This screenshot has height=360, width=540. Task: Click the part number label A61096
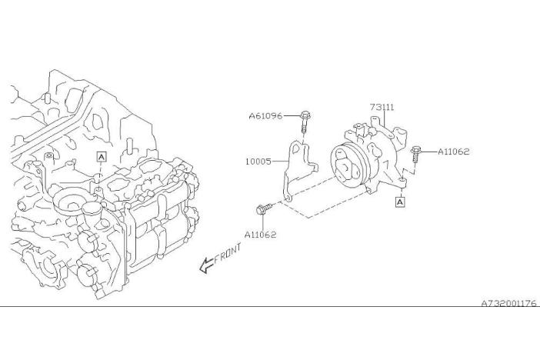[x=265, y=115]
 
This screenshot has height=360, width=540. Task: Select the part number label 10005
[x=258, y=162]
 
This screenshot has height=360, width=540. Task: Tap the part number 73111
[x=382, y=107]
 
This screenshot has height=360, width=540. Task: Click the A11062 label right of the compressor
[x=454, y=152]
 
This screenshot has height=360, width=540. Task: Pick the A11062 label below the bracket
[x=260, y=235]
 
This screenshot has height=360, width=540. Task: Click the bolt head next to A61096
[x=305, y=115]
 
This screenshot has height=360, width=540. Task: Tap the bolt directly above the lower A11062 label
[x=265, y=209]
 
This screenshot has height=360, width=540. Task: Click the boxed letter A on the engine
[x=102, y=157]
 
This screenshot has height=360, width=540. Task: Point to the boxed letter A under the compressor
[x=400, y=202]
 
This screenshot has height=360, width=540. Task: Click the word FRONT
[x=228, y=254]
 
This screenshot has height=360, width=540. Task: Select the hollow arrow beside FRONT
[x=207, y=265]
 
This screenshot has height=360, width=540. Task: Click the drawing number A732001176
[x=508, y=303]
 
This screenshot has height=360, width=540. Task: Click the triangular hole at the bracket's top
[x=296, y=148]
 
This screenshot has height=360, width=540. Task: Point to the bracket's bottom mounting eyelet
[x=288, y=198]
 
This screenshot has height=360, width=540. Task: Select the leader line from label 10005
[x=280, y=162]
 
